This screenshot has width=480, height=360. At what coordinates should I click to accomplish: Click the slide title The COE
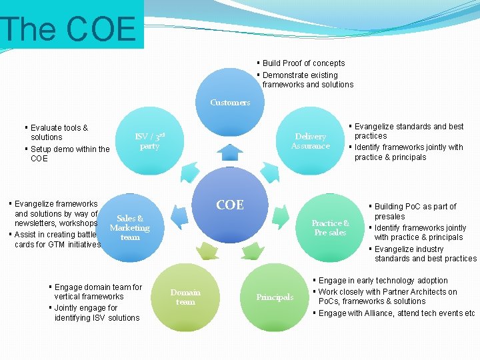point(69,29)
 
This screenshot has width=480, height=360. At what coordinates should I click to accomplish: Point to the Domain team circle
point(185,297)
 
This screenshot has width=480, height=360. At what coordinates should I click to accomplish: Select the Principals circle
point(275,297)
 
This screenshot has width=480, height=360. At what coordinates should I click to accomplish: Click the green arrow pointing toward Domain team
point(209,251)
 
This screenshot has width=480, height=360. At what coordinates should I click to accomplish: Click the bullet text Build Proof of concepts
point(303,63)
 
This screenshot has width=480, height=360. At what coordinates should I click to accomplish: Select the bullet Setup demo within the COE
point(69,154)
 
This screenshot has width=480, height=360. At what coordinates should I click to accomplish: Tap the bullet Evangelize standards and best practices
point(408,131)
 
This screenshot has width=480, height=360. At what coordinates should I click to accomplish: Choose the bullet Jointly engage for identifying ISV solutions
point(96,313)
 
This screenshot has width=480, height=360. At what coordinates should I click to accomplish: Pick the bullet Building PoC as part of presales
point(415,211)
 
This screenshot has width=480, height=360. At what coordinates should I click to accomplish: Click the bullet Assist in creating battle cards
point(57,239)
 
